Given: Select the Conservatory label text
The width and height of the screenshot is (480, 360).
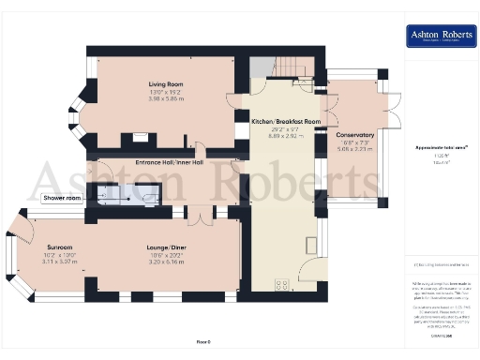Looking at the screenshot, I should (x=355, y=135).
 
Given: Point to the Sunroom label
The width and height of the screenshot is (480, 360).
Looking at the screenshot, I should (x=47, y=247).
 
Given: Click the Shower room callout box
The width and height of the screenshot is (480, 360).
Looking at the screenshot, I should (x=63, y=199).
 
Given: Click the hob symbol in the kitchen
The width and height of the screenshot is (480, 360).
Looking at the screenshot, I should (x=279, y=286).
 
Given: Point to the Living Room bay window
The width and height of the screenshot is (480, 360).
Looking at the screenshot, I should (x=80, y=103).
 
